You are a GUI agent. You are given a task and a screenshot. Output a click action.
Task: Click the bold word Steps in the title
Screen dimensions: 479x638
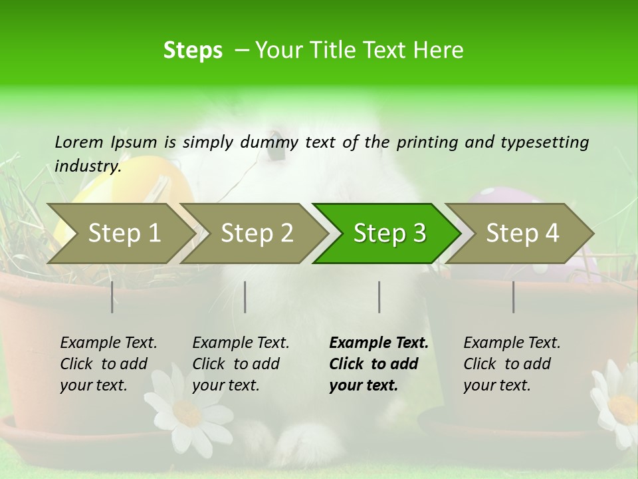tap(193, 50)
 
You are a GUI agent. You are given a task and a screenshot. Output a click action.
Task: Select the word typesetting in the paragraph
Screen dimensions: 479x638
tap(544, 142)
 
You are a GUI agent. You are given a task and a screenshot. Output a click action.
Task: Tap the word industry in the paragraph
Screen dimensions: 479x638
tap(87, 166)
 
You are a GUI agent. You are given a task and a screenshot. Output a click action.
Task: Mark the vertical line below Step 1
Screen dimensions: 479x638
tap(112, 297)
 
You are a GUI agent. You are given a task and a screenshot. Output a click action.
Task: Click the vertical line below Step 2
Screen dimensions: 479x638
tap(245, 297)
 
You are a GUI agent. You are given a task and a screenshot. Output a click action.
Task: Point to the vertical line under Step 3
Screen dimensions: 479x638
tap(379, 297)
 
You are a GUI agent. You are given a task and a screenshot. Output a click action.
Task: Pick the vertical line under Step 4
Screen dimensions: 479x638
tap(513, 297)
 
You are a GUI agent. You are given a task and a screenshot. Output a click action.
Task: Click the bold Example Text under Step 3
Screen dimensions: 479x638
tap(379, 343)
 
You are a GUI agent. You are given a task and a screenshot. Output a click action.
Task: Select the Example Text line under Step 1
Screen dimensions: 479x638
tap(108, 343)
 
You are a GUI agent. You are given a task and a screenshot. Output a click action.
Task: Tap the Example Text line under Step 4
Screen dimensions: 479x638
tap(512, 343)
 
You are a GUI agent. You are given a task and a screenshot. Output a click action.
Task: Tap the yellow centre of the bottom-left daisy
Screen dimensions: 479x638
tap(187, 412)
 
